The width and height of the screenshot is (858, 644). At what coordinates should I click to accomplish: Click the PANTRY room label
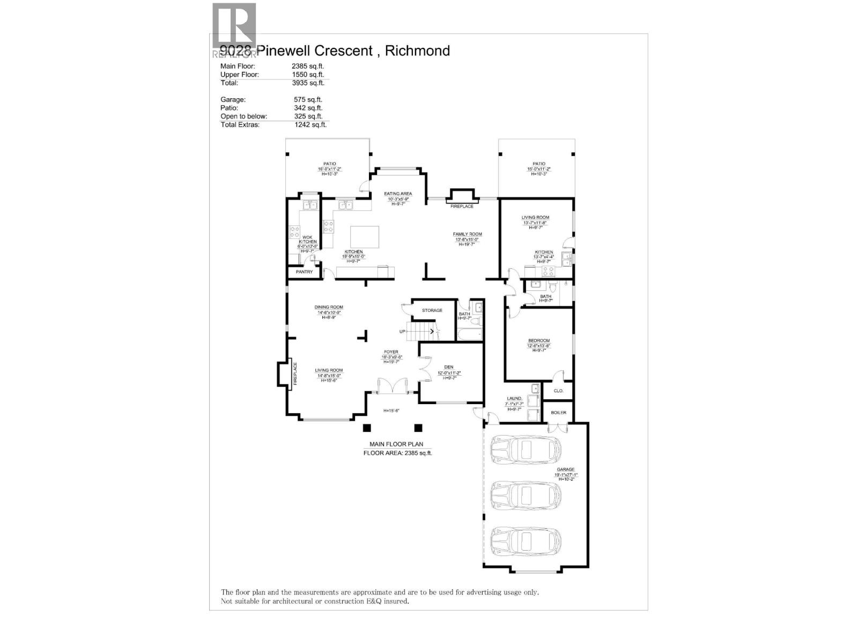304,272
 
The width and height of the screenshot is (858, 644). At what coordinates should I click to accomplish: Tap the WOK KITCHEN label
307,239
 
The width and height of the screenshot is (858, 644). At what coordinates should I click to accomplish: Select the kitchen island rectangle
365,237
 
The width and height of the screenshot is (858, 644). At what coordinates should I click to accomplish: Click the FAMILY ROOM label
467,234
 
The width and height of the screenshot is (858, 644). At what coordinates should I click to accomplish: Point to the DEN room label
449,367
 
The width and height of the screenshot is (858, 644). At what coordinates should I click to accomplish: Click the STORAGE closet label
432,310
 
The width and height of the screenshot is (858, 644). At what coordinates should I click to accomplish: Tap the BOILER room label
558,412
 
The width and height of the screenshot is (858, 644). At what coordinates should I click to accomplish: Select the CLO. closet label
558,391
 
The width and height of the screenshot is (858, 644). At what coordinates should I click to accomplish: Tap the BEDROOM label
538,341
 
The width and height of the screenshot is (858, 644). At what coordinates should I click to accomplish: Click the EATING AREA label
398,194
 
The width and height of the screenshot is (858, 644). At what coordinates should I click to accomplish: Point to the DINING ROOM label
329,308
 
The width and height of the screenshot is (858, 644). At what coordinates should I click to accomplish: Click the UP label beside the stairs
402,331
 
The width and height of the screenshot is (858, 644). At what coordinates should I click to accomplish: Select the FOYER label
390,352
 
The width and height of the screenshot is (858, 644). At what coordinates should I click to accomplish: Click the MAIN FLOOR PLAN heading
396,444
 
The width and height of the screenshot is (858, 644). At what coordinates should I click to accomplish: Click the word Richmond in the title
417,50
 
